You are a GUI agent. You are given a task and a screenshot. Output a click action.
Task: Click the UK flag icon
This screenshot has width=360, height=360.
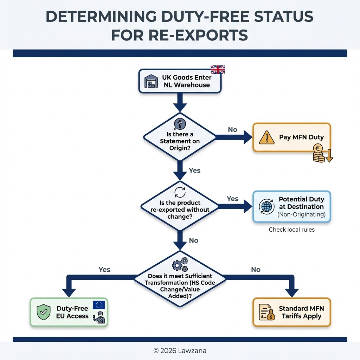point(218,70)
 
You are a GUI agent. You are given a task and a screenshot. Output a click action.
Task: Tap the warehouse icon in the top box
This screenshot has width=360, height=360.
point(151,81)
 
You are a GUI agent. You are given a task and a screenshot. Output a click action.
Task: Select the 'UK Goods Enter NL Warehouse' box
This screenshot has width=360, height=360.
point(180,81)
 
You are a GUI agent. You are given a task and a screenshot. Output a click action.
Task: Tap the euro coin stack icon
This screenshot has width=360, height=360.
point(319,154)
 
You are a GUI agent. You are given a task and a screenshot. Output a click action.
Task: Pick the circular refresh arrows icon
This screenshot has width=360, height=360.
point(180,192)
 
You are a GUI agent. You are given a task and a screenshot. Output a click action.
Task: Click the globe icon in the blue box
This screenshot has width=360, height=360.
point(266,206)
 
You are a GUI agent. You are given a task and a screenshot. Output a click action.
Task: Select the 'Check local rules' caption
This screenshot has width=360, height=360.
point(291,230)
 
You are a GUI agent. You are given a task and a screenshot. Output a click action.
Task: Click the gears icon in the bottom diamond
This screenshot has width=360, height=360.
point(180,264)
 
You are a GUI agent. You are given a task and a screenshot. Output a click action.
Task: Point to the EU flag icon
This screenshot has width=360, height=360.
point(99,305)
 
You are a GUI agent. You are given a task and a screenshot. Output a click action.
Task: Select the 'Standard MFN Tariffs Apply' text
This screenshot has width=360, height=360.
point(301,312)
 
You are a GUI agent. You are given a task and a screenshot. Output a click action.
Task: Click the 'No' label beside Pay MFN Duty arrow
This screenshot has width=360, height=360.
point(232,130)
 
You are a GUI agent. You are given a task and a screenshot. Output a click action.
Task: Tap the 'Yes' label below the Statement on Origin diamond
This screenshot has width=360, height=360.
point(194,171)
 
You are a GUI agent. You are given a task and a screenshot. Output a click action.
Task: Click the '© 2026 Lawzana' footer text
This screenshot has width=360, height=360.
point(180,351)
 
